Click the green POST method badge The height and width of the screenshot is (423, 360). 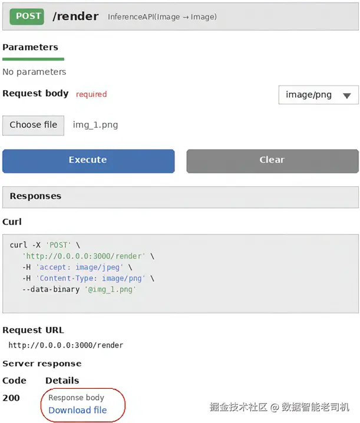(x=27, y=16)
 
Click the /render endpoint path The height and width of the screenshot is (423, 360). (x=75, y=16)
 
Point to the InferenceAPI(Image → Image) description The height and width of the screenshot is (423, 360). (x=162, y=16)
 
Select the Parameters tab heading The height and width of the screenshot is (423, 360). (x=30, y=47)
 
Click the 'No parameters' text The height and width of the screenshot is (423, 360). (x=34, y=72)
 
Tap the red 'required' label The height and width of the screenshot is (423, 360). (x=91, y=94)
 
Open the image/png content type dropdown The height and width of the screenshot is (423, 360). (x=318, y=95)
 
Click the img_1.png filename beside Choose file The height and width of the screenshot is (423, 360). (x=95, y=125)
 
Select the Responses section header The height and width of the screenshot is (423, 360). (x=35, y=196)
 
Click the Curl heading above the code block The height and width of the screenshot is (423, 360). (x=12, y=222)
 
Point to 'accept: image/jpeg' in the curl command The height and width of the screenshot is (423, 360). (x=80, y=267)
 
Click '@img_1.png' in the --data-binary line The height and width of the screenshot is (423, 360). (x=110, y=289)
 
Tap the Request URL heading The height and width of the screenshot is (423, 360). (x=33, y=330)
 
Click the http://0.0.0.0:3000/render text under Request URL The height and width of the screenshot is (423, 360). (x=66, y=345)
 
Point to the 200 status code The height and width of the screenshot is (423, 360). (x=11, y=398)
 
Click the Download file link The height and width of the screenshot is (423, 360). (x=78, y=410)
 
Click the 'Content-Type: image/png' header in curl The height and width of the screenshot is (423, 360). (x=91, y=279)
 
